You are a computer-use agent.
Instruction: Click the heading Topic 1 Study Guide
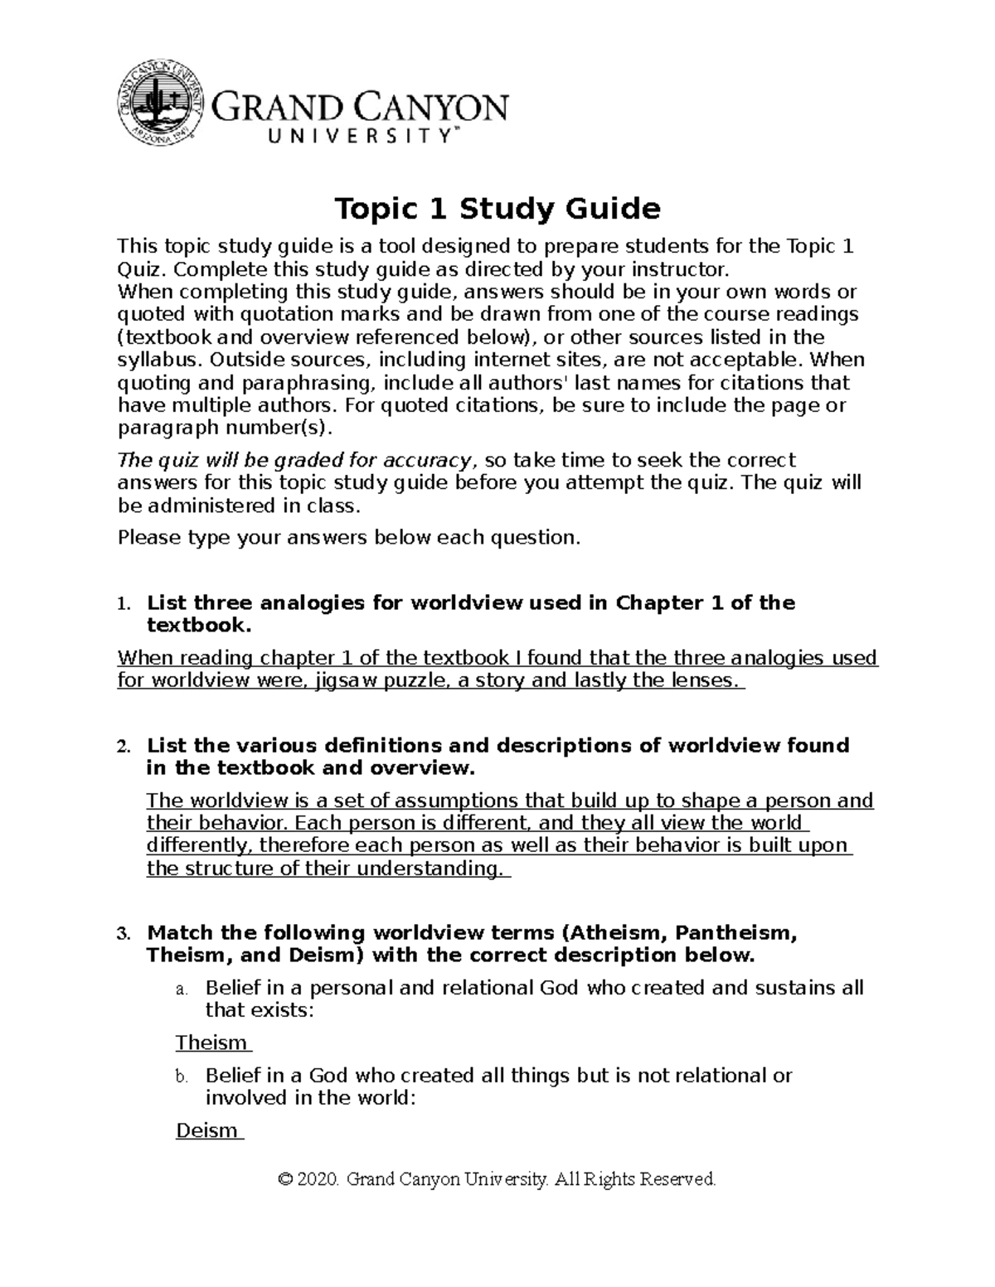497,209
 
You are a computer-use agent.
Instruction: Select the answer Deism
207,1131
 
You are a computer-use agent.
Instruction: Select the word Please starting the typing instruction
149,538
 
